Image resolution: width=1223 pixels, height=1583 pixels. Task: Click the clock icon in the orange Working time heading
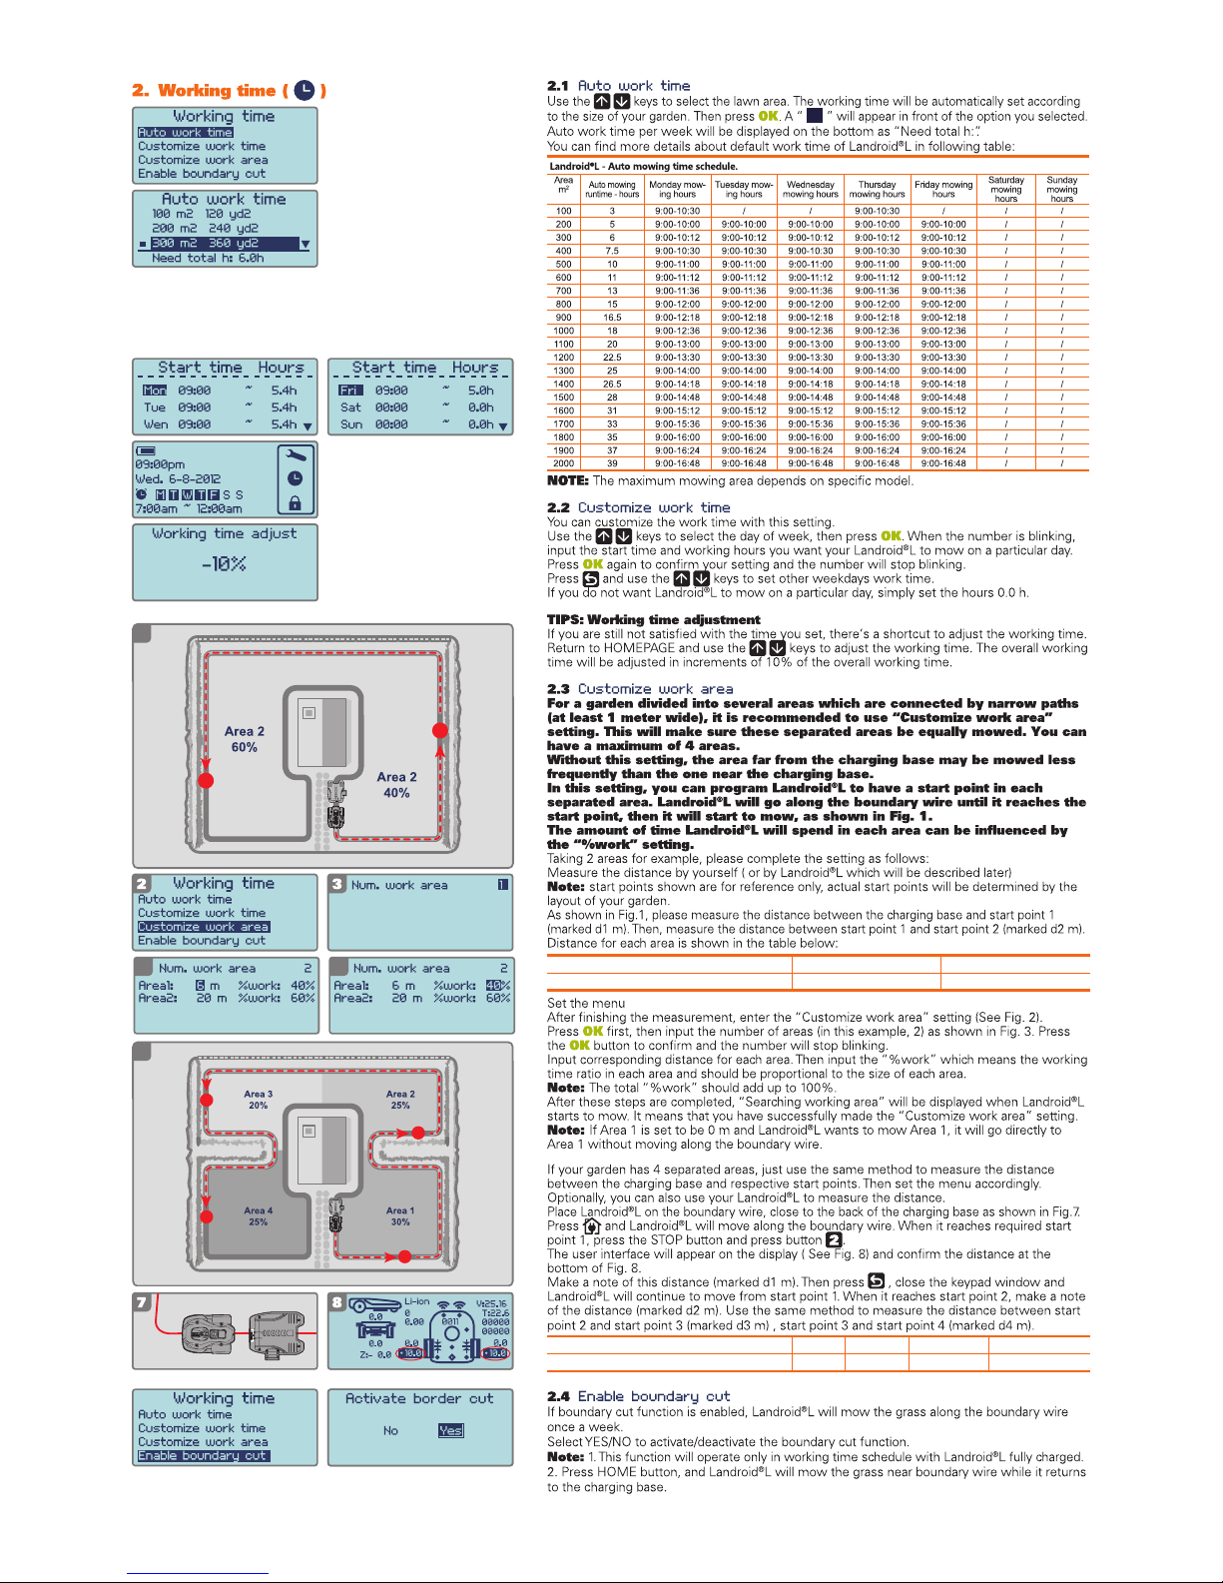coord(305,91)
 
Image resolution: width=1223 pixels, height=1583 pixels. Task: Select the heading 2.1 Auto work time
coord(618,86)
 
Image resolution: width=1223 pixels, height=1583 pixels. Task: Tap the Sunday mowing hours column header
coord(1061,190)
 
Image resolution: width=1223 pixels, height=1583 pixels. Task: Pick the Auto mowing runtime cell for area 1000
coord(612,331)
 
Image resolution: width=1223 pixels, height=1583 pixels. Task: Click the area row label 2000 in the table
coord(564,463)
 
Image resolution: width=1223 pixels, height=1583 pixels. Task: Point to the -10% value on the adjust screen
coord(224,564)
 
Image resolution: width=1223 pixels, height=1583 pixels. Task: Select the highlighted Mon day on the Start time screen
coord(155,391)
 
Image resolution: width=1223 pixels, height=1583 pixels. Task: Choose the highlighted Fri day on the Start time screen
coord(349,391)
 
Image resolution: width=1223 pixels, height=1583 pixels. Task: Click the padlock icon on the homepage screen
coord(296,502)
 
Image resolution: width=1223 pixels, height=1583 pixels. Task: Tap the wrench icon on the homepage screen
coord(296,454)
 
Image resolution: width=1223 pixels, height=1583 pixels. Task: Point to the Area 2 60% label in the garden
coord(245,739)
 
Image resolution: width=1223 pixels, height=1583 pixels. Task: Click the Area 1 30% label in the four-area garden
coord(400,1215)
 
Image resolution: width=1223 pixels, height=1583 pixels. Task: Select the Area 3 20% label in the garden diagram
coord(259,1100)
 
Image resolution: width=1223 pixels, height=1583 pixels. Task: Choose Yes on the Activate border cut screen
coord(450,1430)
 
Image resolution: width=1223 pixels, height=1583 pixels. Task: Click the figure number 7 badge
coord(142,1302)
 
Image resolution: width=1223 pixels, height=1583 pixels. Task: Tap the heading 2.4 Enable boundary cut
coord(638,1396)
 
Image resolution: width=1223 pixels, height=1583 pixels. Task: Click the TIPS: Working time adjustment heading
coord(653,619)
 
